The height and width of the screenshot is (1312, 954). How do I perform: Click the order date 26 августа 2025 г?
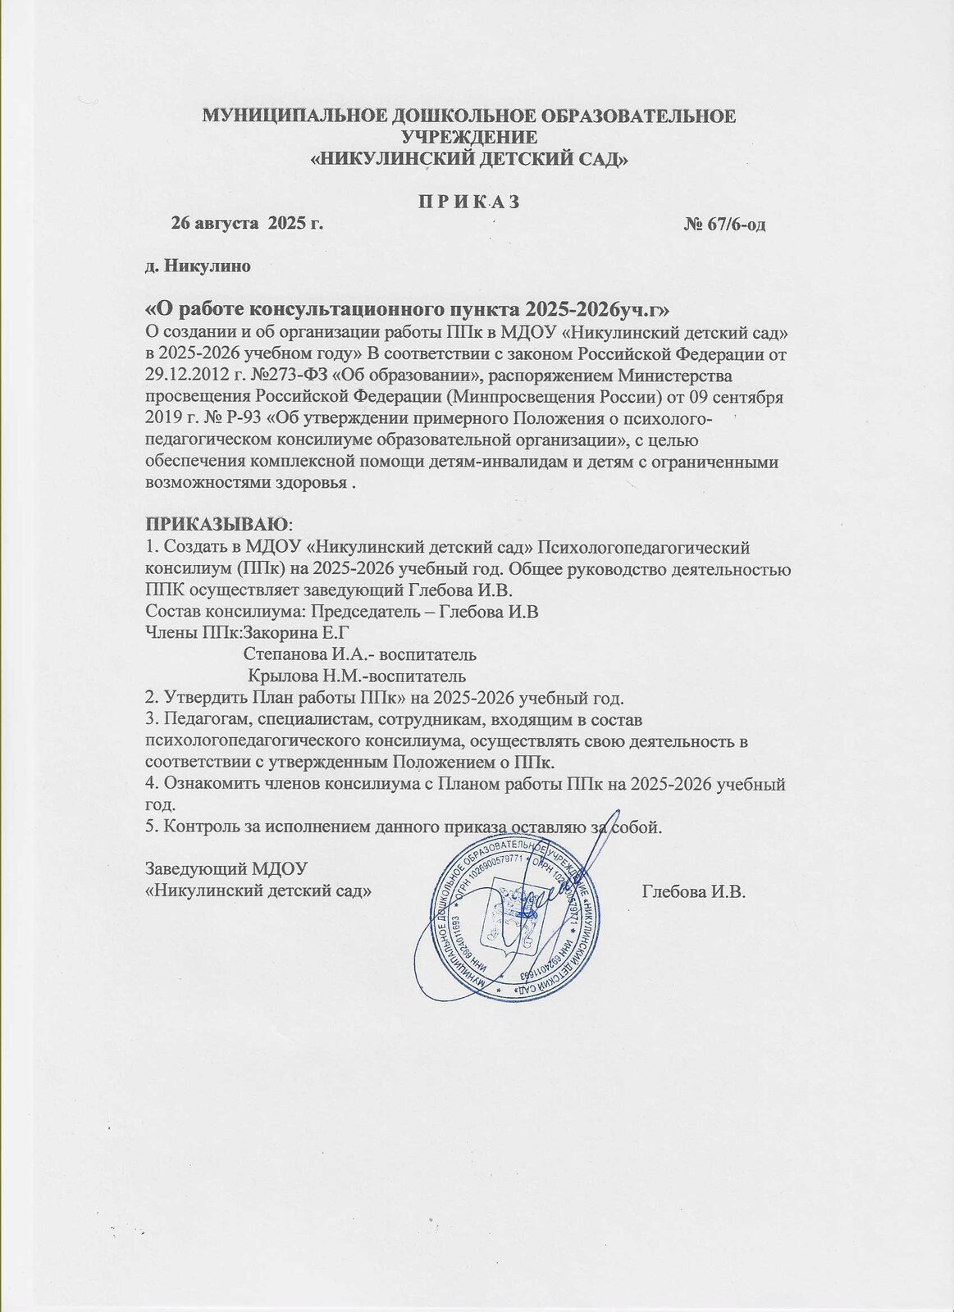pos(246,223)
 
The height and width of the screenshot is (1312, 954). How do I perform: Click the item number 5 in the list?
pos(149,827)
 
